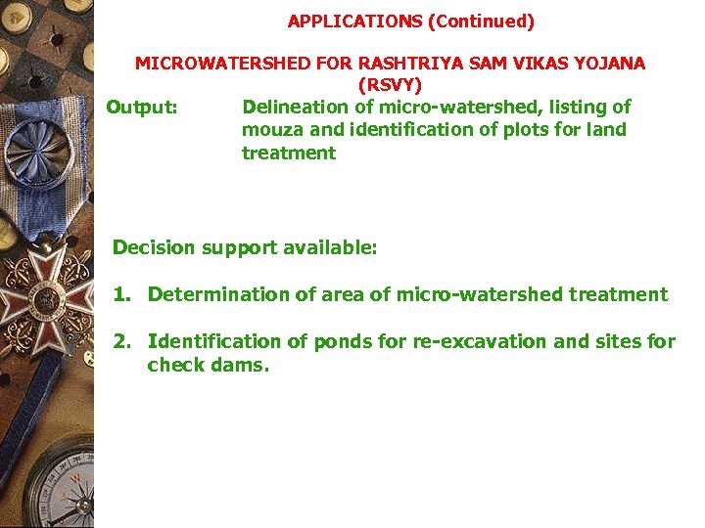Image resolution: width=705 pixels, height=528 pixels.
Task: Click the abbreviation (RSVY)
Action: coord(390,85)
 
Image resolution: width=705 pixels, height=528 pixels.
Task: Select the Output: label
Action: coord(142,107)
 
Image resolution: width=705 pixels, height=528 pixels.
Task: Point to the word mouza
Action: coord(266,130)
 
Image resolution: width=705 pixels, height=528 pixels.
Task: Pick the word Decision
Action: coord(154,247)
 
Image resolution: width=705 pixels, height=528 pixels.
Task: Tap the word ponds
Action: coord(341,341)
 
